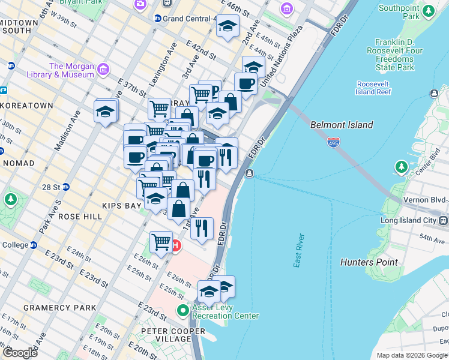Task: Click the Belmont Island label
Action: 342,125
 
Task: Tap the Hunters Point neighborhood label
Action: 369,262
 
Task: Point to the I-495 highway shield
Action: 334,142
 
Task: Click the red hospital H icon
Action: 175,245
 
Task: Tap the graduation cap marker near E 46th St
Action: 228,26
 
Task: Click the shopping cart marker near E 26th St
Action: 161,242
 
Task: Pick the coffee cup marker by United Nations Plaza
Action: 246,83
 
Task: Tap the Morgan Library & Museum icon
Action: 103,70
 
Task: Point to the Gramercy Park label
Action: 59,307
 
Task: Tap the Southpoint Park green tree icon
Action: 428,10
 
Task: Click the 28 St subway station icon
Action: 66,187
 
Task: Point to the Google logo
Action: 20,353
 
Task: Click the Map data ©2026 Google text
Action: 411,355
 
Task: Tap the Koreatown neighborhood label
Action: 27,105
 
